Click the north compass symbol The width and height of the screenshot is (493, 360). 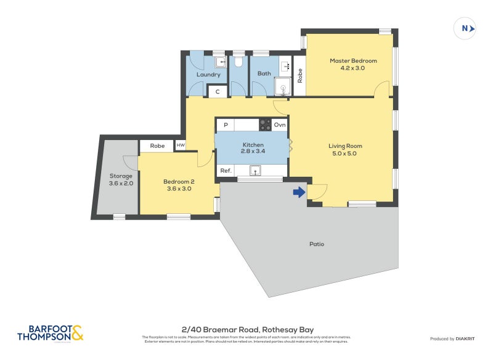coord(466,28)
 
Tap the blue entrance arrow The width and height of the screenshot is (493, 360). coord(299,192)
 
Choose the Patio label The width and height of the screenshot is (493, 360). coord(317,244)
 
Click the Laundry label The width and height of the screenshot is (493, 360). coord(208,75)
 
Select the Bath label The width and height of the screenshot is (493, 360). coord(264,73)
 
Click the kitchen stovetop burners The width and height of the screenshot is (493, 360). coord(265,125)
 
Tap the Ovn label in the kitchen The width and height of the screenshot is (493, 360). coord(280,125)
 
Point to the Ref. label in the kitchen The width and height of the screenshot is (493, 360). coord(226,171)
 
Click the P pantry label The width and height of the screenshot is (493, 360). coord(226,125)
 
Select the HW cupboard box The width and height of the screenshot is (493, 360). coord(181,145)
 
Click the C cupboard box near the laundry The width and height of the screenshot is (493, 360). coord(218,91)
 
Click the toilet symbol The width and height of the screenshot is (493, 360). coord(238,62)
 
